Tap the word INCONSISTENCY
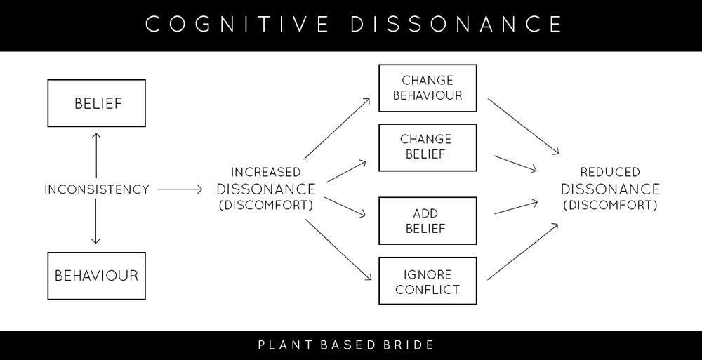point(97,189)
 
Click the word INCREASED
point(266,172)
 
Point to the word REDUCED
point(610,172)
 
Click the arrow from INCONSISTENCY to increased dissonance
point(180,189)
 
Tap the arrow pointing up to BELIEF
point(95,156)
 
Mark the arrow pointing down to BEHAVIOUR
point(95,221)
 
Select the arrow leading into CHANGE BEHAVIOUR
point(337,128)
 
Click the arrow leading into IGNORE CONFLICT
point(338,250)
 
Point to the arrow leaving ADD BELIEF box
point(516,208)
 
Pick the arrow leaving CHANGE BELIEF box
point(515,164)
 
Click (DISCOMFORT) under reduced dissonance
point(610,206)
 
